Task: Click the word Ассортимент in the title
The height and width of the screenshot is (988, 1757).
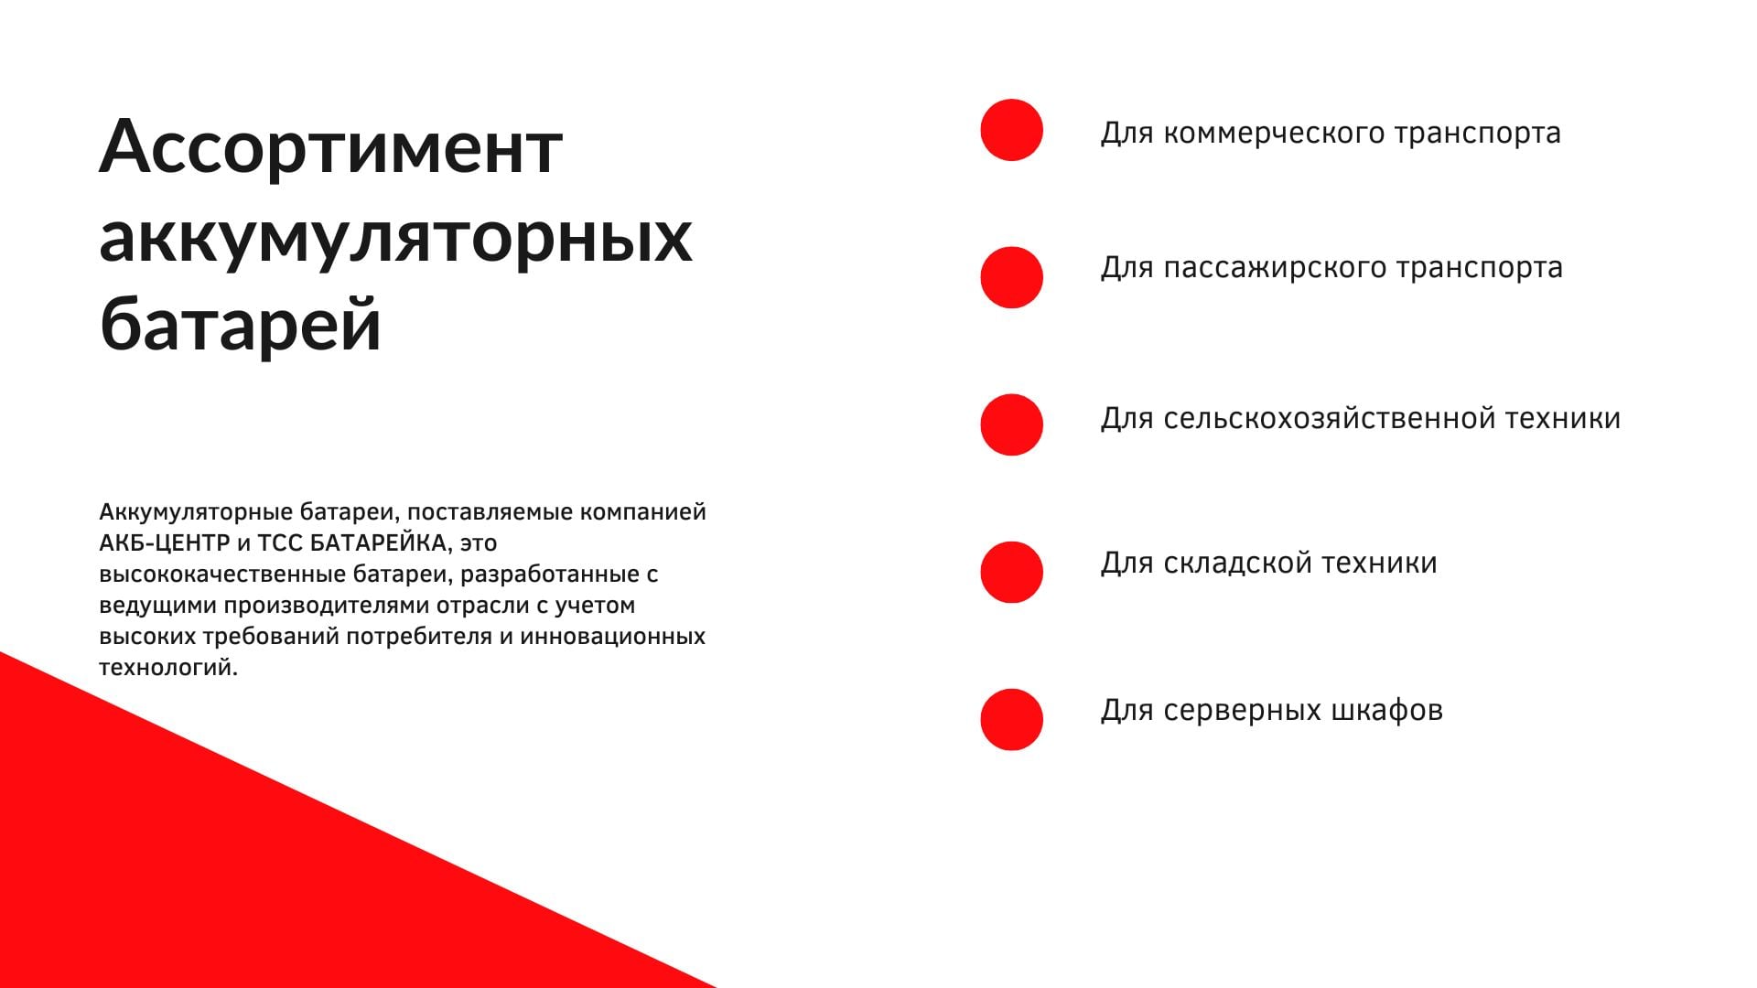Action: pyautogui.click(x=330, y=147)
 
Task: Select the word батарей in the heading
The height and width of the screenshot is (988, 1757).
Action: pyautogui.click(x=240, y=322)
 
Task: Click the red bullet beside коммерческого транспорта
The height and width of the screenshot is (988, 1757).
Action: pyautogui.click(x=1011, y=130)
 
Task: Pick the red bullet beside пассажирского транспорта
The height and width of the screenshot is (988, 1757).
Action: pyautogui.click(x=1011, y=277)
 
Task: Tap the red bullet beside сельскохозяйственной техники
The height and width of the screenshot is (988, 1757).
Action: pyautogui.click(x=1011, y=424)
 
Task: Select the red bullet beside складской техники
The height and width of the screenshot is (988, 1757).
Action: pyautogui.click(x=1011, y=572)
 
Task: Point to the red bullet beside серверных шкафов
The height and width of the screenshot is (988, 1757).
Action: pyautogui.click(x=1011, y=719)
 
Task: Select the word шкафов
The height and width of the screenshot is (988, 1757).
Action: pyautogui.click(x=1387, y=709)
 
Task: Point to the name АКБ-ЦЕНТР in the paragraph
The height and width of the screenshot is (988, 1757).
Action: pyautogui.click(x=165, y=543)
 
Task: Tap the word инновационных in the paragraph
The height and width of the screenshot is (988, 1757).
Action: pyautogui.click(x=613, y=637)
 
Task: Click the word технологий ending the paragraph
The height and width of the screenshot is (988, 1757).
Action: pyautogui.click(x=168, y=668)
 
